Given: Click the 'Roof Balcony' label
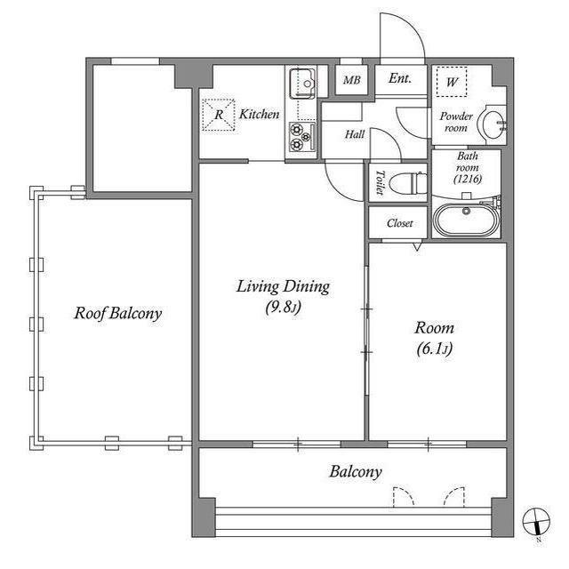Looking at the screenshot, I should [117, 314].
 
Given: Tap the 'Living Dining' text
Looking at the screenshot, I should [283, 286].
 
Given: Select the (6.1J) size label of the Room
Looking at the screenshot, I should [434, 349].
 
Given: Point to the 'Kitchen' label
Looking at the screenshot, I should [260, 115].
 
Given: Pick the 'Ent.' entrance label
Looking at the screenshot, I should [400, 79].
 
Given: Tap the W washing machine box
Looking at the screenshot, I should [453, 82].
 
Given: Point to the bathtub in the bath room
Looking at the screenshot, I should [466, 219].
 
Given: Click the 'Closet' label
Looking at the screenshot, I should [399, 223].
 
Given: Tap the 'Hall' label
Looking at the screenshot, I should [356, 134].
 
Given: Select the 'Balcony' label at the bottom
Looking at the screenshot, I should [356, 472].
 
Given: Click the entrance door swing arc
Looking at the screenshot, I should [402, 36].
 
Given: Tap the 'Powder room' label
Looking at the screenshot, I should [454, 122].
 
